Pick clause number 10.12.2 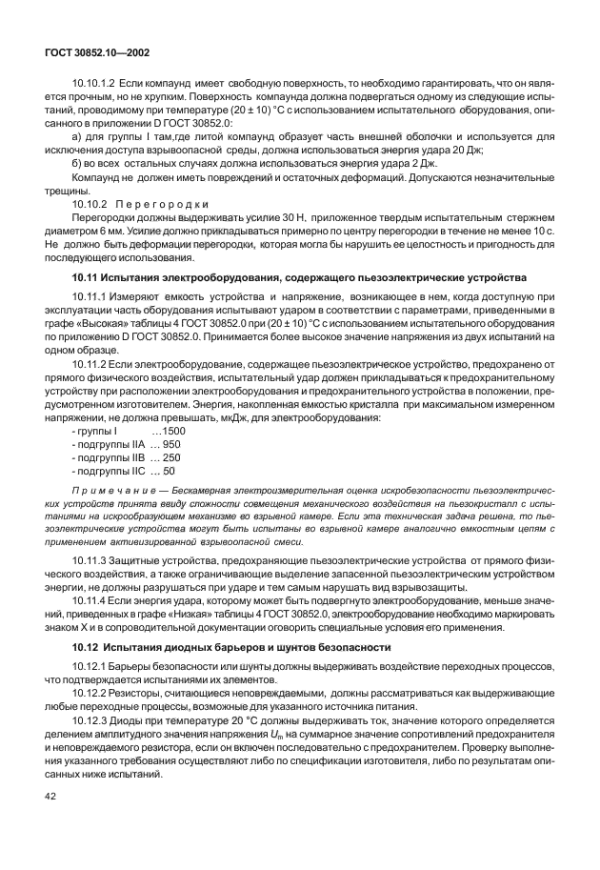(90, 695)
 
